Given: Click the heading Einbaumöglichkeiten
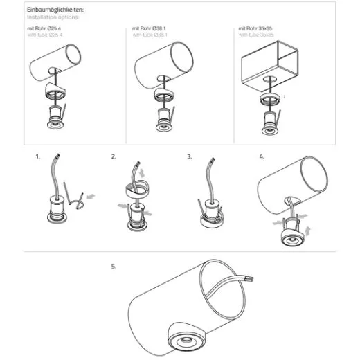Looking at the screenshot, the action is [x=55, y=10].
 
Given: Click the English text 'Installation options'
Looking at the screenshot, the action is [x=53, y=17].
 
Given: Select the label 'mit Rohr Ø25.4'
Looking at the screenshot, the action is [x=44, y=28].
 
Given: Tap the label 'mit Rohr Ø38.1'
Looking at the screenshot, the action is [x=149, y=28].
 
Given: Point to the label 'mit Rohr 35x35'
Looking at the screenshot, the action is [x=255, y=28].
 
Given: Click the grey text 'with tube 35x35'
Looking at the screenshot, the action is [x=256, y=35].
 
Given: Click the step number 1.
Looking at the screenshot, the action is [x=37, y=156].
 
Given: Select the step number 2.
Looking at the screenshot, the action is [x=114, y=156].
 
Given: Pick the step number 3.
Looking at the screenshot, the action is [x=189, y=156].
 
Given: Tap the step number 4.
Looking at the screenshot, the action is [x=262, y=156].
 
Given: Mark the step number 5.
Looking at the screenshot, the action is [x=114, y=267].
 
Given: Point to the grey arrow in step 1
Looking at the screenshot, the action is [x=91, y=197].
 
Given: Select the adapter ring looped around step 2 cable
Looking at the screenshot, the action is [x=137, y=188].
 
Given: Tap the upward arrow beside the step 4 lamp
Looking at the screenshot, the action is [x=307, y=231].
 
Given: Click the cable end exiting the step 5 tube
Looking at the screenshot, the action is [x=250, y=279].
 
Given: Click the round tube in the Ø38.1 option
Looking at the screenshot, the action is [x=164, y=65].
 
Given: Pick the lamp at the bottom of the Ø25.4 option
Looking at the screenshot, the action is [x=55, y=117].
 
